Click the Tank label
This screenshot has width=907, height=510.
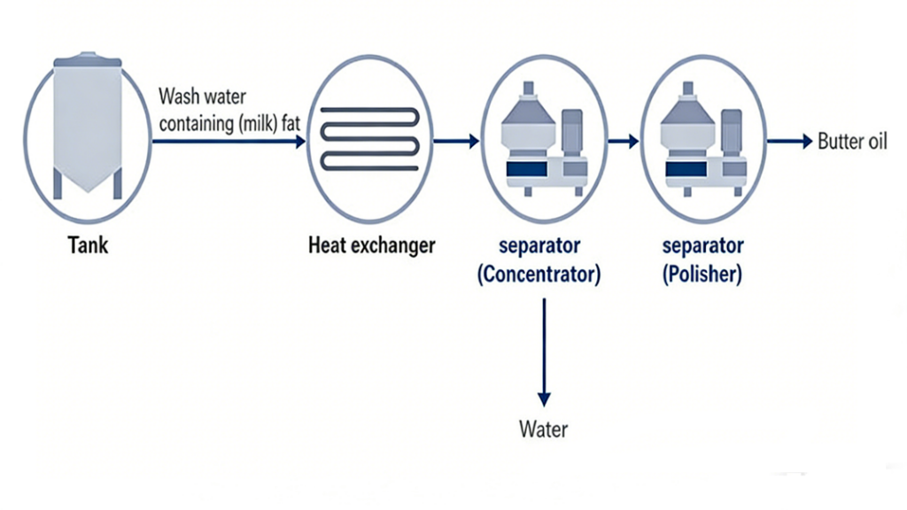89,245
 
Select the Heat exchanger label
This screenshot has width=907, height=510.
371,245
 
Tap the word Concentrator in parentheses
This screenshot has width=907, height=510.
539,274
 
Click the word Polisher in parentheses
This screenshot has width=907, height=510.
702,274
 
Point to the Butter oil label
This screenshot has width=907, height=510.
852,142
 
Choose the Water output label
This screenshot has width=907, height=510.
543,431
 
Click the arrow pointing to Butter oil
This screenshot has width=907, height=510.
789,141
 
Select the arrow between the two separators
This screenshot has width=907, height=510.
624,141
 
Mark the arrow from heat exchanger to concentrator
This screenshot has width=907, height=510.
456,141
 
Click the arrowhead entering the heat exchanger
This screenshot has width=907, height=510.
299,141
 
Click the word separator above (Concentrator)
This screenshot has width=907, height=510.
539,245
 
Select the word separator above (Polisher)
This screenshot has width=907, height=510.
702,245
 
